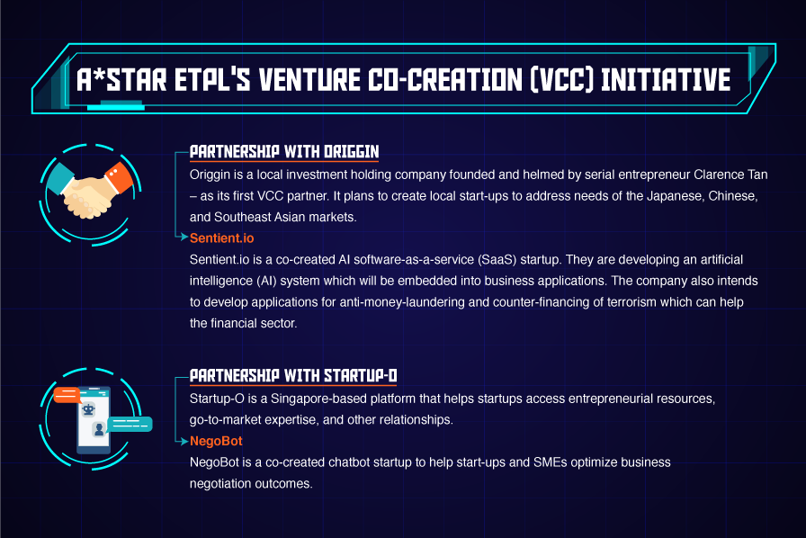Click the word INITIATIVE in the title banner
point(666,80)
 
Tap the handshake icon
point(90,192)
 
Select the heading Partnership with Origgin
point(284,152)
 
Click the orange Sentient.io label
point(221,238)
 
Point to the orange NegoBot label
point(216,442)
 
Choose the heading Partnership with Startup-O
point(293,376)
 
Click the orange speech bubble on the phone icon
point(67,395)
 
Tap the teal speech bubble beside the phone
point(130,424)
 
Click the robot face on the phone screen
point(88,409)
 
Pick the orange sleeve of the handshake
point(120,176)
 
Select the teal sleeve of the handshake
point(60,178)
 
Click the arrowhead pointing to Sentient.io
point(184,237)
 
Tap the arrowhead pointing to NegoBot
point(184,441)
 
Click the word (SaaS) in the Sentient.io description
point(497,260)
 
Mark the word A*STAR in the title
point(121,80)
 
